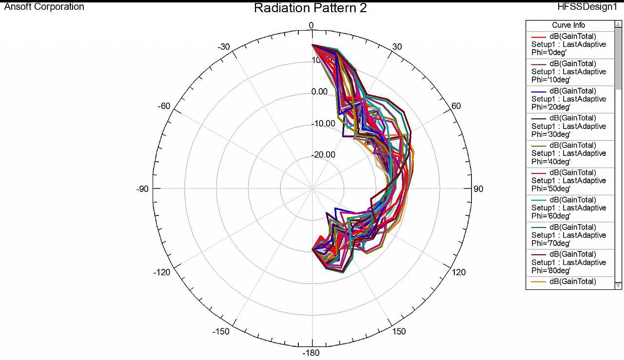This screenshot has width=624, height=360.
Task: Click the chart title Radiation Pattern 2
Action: [311, 8]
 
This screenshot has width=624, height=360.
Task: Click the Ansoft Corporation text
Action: [44, 7]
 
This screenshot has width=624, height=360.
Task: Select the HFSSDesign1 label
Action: [587, 7]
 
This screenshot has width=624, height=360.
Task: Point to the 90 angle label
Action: [478, 189]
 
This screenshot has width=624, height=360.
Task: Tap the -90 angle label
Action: [142, 189]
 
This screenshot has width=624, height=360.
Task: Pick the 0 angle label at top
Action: [312, 26]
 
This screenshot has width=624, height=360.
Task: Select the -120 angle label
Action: [162, 272]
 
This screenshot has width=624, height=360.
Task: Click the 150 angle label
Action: [399, 332]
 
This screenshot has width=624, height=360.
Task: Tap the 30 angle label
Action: [397, 47]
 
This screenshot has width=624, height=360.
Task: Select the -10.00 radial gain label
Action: [324, 124]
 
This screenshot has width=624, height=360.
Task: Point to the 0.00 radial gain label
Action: [320, 92]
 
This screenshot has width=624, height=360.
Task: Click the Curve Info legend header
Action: [568, 25]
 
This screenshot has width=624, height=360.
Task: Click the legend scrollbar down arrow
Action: [618, 285]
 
